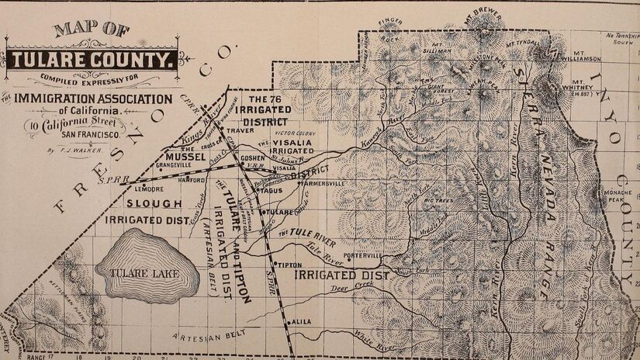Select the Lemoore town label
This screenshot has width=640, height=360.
coord(148,189)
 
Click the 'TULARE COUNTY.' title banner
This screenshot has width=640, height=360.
coord(92,60)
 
